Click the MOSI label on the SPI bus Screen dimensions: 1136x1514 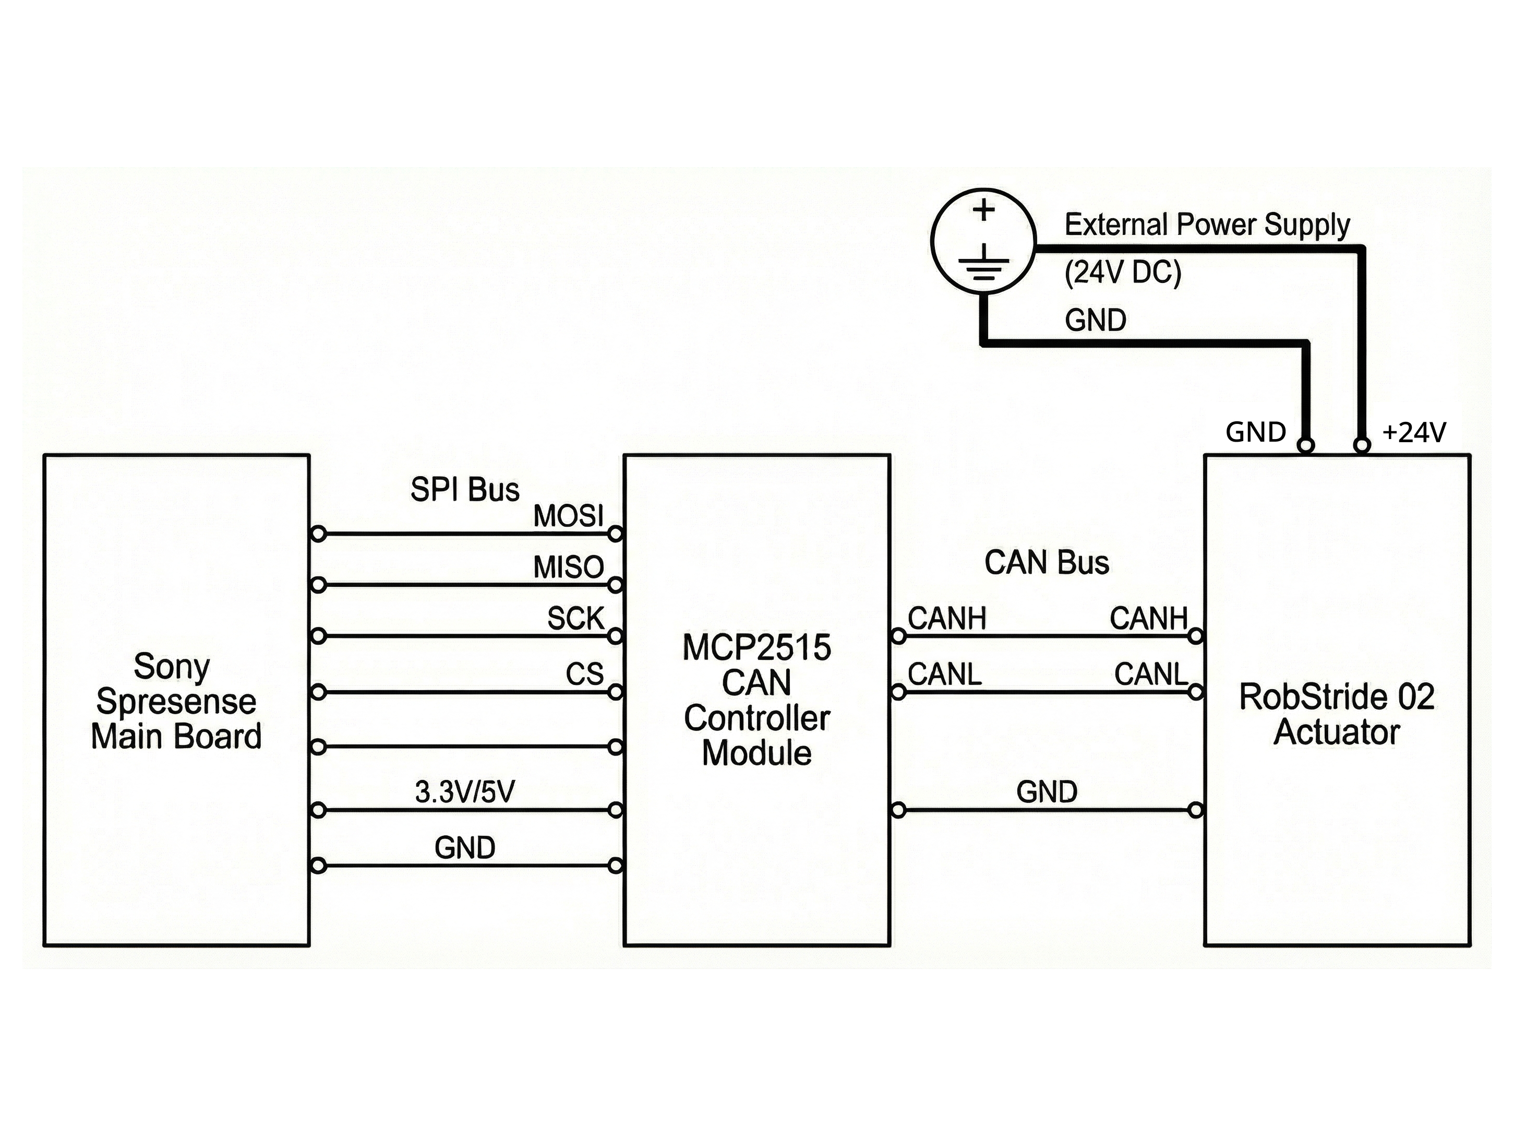click(x=568, y=516)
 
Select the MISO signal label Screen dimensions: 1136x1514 click(x=568, y=567)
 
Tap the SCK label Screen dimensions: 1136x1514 click(x=575, y=619)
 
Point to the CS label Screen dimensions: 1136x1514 click(x=584, y=674)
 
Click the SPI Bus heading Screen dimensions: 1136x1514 click(x=465, y=490)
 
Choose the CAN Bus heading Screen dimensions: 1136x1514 click(x=1047, y=563)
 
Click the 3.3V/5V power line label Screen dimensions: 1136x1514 click(x=465, y=792)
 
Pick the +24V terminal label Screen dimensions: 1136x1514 click(x=1414, y=433)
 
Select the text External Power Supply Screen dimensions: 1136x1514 click(x=1207, y=224)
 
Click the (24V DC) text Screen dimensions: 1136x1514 click(x=1123, y=273)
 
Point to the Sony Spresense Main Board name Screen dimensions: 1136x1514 click(x=176, y=701)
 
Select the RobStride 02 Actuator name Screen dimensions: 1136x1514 click(x=1337, y=714)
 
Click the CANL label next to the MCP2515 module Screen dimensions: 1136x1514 click(x=944, y=674)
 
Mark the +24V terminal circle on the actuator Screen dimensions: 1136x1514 click(x=1362, y=446)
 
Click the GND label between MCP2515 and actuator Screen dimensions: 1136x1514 click(x=1047, y=792)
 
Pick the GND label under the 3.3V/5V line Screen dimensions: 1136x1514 click(x=465, y=848)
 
